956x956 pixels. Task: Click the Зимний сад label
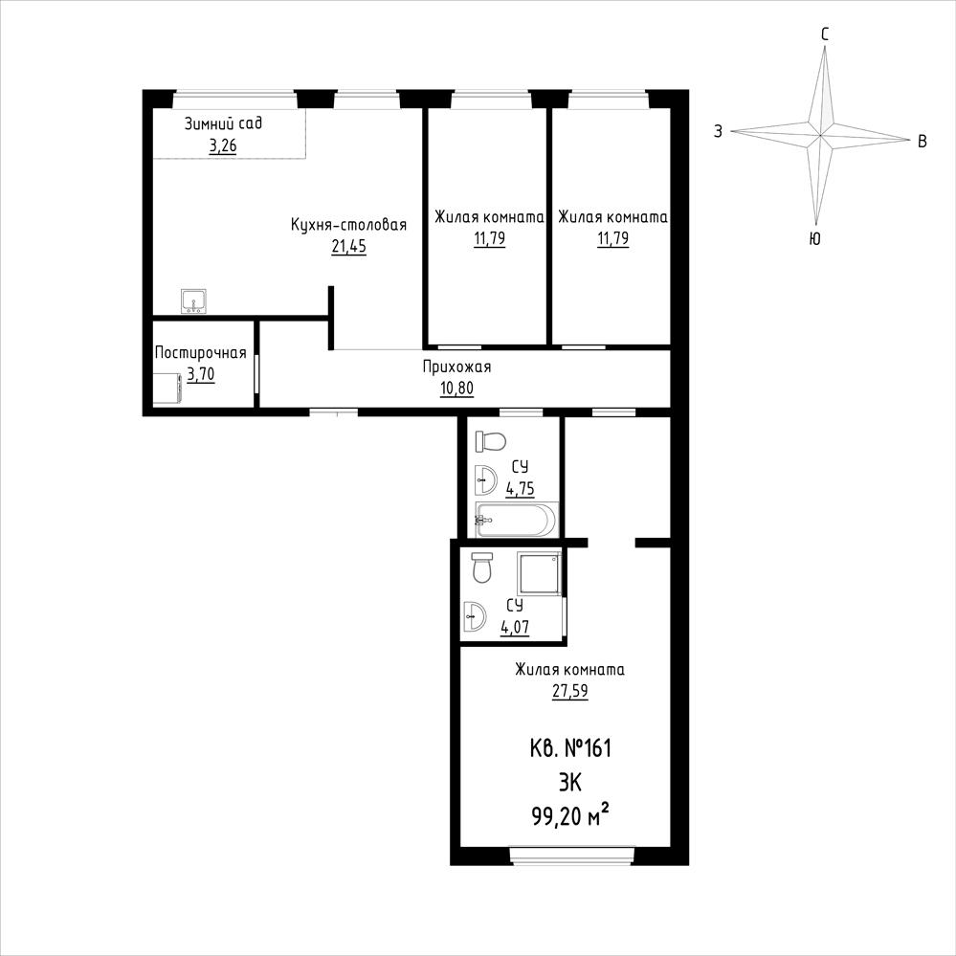click(223, 123)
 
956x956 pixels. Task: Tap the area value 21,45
click(348, 247)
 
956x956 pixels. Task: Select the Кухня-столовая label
click(348, 224)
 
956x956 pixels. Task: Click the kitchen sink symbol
click(194, 301)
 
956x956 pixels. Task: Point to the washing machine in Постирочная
click(167, 389)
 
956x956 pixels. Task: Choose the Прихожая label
click(456, 367)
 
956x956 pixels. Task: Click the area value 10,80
click(456, 389)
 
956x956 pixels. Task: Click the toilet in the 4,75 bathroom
click(491, 441)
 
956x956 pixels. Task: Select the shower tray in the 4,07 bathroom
click(539, 573)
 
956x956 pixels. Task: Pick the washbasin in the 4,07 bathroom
click(475, 615)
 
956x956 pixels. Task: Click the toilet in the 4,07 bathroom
click(482, 567)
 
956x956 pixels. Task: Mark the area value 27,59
click(570, 691)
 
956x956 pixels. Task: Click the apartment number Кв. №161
click(570, 748)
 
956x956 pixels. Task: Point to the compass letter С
click(825, 34)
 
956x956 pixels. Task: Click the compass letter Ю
click(814, 238)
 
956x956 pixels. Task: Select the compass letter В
click(923, 142)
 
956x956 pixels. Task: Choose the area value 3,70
click(201, 374)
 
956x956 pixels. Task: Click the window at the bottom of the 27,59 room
click(572, 856)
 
